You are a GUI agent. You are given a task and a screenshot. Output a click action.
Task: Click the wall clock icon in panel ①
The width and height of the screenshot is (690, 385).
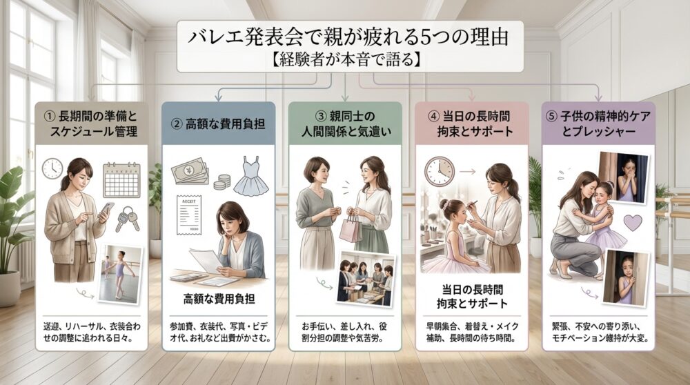[x=52, y=168]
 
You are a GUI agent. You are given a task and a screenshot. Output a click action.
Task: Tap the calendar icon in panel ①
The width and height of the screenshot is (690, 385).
[x=121, y=180]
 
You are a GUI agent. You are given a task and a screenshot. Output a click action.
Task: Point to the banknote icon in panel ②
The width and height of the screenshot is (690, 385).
[x=189, y=170]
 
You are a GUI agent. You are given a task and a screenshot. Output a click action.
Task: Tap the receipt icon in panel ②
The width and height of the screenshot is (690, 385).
[x=188, y=217]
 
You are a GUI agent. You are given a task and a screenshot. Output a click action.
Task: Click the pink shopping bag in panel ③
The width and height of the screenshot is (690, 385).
[x=350, y=228]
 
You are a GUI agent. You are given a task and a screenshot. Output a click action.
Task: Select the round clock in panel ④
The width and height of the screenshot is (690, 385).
[x=440, y=170]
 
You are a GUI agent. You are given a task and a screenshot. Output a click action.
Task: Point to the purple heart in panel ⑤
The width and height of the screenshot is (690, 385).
[x=632, y=222]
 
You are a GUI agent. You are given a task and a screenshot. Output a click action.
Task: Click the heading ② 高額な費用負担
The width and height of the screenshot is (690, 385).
[x=218, y=124]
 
